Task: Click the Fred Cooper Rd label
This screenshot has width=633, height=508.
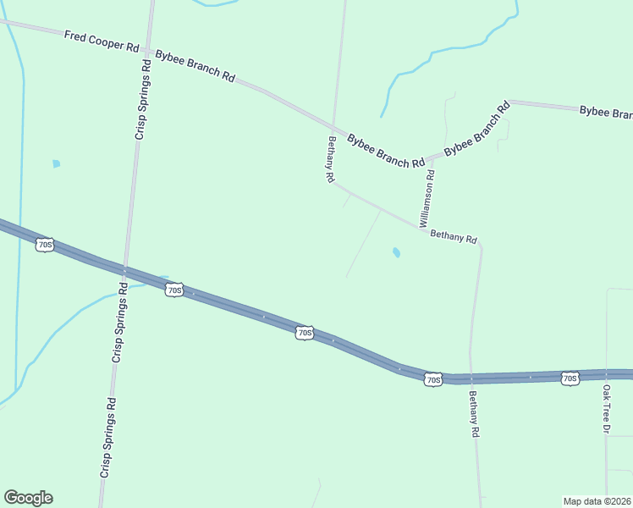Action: click(x=101, y=41)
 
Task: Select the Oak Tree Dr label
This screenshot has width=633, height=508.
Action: click(x=606, y=410)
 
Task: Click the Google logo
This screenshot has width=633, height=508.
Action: click(x=28, y=498)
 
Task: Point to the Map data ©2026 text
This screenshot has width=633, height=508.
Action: click(x=597, y=500)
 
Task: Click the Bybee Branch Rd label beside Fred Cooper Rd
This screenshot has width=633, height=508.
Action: click(x=195, y=65)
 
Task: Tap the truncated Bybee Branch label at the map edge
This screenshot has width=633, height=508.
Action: click(x=605, y=112)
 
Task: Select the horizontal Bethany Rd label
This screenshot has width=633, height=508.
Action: click(x=454, y=238)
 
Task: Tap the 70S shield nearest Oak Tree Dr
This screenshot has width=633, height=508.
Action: click(x=570, y=378)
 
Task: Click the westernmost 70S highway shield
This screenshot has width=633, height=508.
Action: click(x=46, y=246)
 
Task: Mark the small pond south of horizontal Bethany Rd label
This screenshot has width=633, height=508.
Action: click(x=396, y=252)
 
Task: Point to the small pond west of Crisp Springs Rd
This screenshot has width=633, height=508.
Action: click(x=56, y=163)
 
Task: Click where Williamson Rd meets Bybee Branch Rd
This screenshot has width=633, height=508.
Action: click(x=432, y=157)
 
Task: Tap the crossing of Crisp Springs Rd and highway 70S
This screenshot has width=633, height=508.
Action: click(x=124, y=269)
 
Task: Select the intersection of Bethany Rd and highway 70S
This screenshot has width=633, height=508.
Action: click(x=471, y=378)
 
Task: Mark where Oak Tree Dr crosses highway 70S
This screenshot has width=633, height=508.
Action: click(x=607, y=374)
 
